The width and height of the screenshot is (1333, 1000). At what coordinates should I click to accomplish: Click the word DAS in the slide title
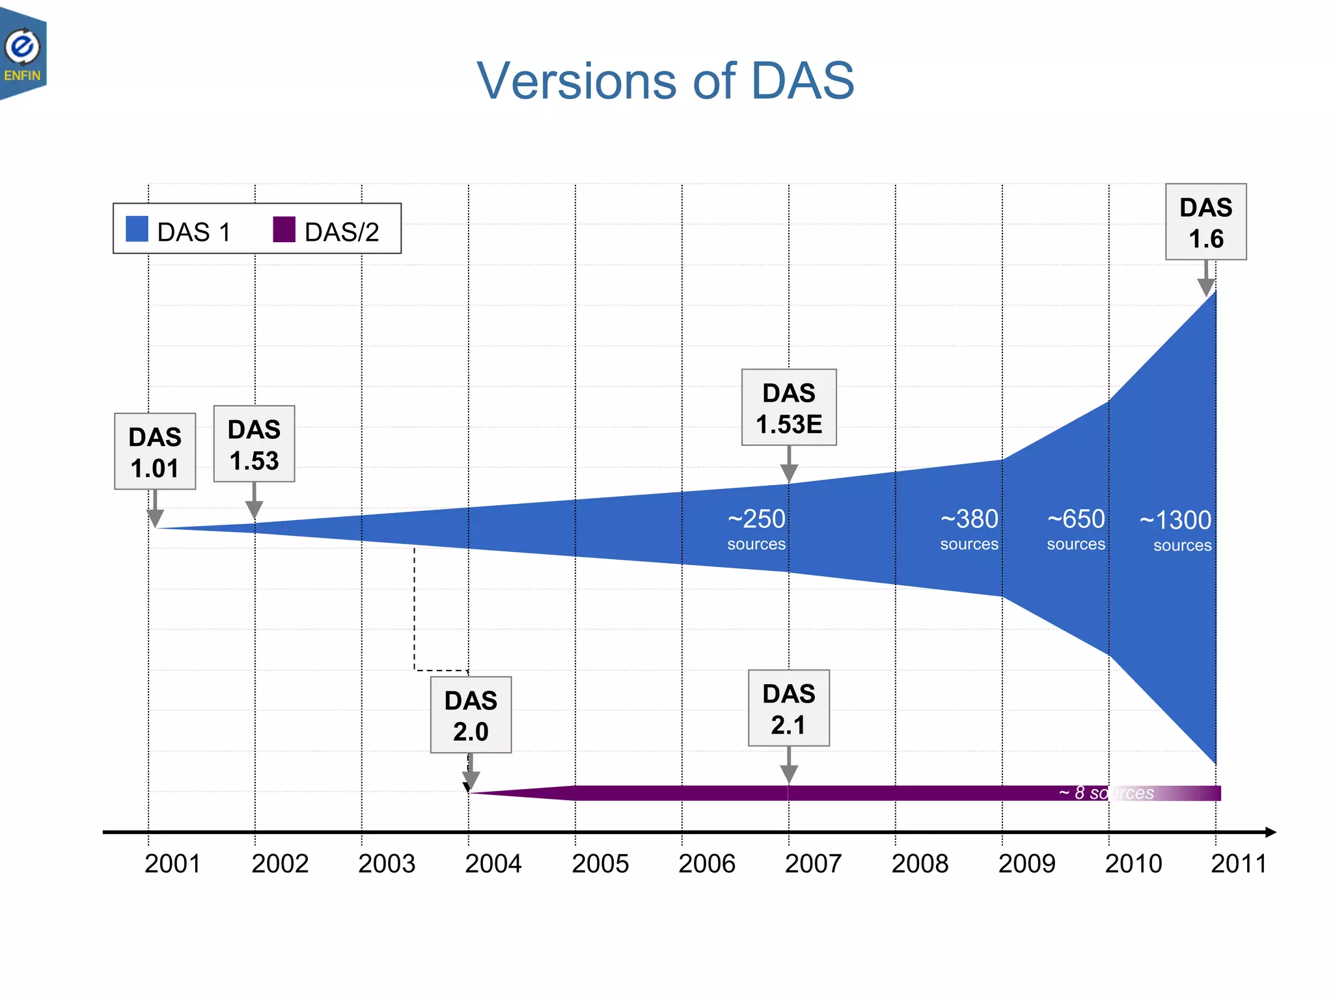[802, 81]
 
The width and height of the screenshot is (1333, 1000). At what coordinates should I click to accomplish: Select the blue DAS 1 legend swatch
[137, 229]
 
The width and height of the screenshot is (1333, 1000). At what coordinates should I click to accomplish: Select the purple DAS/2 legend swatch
[284, 229]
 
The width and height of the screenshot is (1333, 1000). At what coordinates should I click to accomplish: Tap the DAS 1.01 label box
[155, 451]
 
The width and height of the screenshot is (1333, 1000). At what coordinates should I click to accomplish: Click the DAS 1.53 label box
[254, 444]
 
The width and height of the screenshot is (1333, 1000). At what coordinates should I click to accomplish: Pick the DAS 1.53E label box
[789, 408]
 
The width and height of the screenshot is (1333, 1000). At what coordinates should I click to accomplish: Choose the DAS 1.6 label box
[1205, 222]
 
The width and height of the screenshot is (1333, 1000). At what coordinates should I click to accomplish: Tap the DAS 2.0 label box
[471, 715]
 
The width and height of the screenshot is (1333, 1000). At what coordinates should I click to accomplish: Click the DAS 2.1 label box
[789, 708]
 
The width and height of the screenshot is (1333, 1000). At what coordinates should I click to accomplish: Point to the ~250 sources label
[756, 529]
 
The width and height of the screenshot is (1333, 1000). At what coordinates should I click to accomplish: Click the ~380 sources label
[969, 529]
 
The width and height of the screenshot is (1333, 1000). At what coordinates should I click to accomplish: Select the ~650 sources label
[1076, 529]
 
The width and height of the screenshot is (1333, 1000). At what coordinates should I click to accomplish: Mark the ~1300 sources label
[1176, 529]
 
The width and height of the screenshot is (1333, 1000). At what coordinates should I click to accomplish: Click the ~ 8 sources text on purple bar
[1106, 793]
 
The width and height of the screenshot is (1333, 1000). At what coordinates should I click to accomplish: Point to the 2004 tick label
[493, 864]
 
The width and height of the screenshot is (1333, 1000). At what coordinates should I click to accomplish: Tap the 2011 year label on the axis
[1239, 864]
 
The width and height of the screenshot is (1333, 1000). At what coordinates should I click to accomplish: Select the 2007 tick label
[813, 864]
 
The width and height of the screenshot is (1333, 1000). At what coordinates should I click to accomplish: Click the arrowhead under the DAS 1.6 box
[1206, 286]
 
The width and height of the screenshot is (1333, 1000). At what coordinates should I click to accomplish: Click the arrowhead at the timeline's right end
[1270, 832]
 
